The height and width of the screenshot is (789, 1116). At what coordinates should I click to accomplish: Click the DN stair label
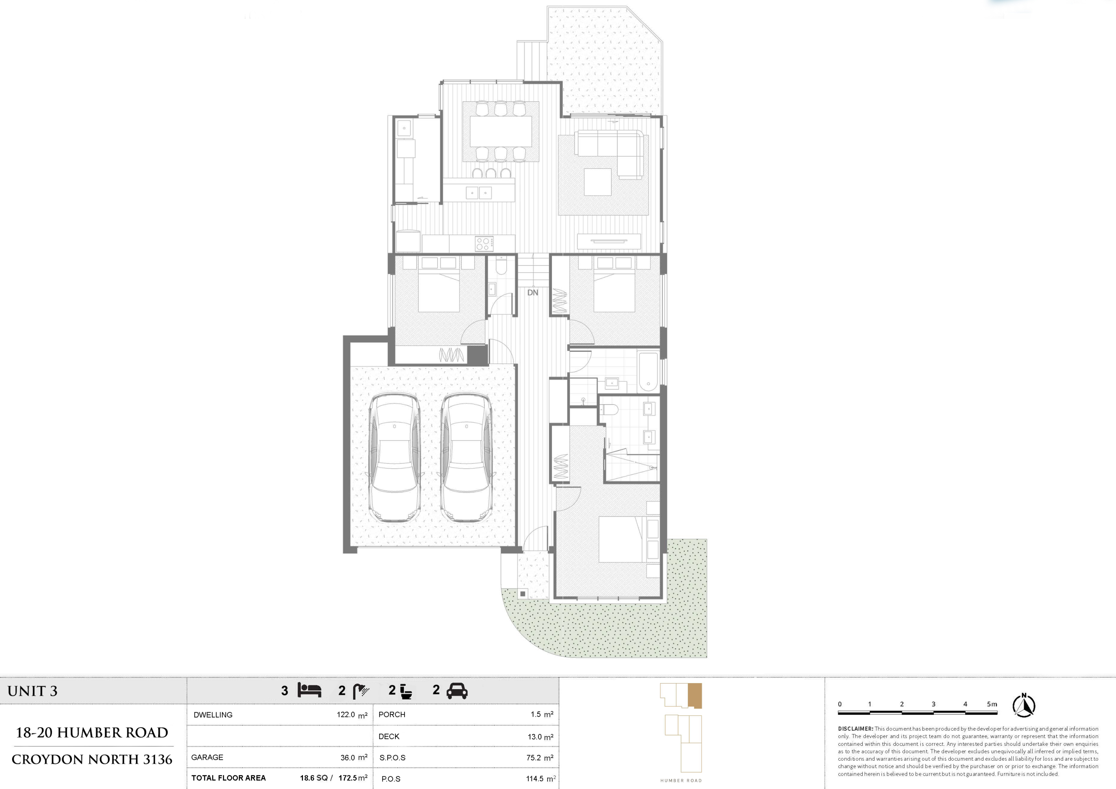[533, 292]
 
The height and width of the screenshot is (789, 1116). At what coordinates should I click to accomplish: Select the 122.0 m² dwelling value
[352, 715]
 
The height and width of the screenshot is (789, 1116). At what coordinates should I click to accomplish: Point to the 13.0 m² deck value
[541, 737]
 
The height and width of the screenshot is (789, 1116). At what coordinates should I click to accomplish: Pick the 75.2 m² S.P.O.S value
[540, 758]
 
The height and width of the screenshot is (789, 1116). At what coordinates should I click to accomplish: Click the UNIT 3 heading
[33, 691]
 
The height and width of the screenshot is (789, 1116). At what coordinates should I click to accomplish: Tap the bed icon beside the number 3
[310, 690]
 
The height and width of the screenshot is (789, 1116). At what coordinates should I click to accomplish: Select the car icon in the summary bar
[457, 691]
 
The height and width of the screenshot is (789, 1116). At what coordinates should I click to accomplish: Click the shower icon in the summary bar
[361, 691]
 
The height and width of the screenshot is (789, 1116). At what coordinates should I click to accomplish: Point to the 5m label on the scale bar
[992, 704]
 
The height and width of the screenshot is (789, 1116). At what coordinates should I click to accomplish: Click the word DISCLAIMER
[855, 729]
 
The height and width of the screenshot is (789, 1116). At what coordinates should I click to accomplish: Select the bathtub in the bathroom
[648, 372]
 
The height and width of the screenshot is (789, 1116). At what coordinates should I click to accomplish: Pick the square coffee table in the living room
[597, 182]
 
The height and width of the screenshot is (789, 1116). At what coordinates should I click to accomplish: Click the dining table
[500, 131]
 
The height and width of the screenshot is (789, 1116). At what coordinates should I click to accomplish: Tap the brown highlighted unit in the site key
[695, 696]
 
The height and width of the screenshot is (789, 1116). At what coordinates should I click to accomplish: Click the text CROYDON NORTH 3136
[92, 759]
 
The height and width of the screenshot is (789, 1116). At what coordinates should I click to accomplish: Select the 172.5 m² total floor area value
[353, 778]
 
